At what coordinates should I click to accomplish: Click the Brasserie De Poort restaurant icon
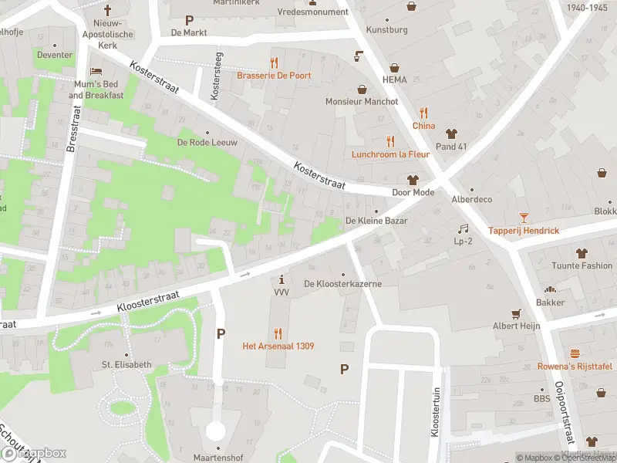coord(273,63)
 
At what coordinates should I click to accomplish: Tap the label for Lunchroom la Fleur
coord(390,154)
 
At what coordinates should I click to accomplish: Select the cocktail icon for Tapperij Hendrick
coord(524,218)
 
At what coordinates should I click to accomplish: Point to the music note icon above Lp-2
coord(463,228)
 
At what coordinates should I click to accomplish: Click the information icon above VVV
coord(282,279)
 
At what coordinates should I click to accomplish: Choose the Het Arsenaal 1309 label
coord(278,346)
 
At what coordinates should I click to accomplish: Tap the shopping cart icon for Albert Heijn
coord(517,313)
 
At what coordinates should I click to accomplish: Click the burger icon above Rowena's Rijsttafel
coord(575,353)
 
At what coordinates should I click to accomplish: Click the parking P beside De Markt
coord(189,19)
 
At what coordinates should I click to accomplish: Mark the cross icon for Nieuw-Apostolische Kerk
coord(107,10)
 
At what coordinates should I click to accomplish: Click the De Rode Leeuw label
coord(207,142)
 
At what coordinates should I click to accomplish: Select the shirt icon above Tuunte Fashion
coord(581,253)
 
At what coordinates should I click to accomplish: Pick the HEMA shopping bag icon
coord(394,67)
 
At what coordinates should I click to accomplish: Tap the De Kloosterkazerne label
coord(343,284)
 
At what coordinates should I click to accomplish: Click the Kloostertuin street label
coord(435,412)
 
